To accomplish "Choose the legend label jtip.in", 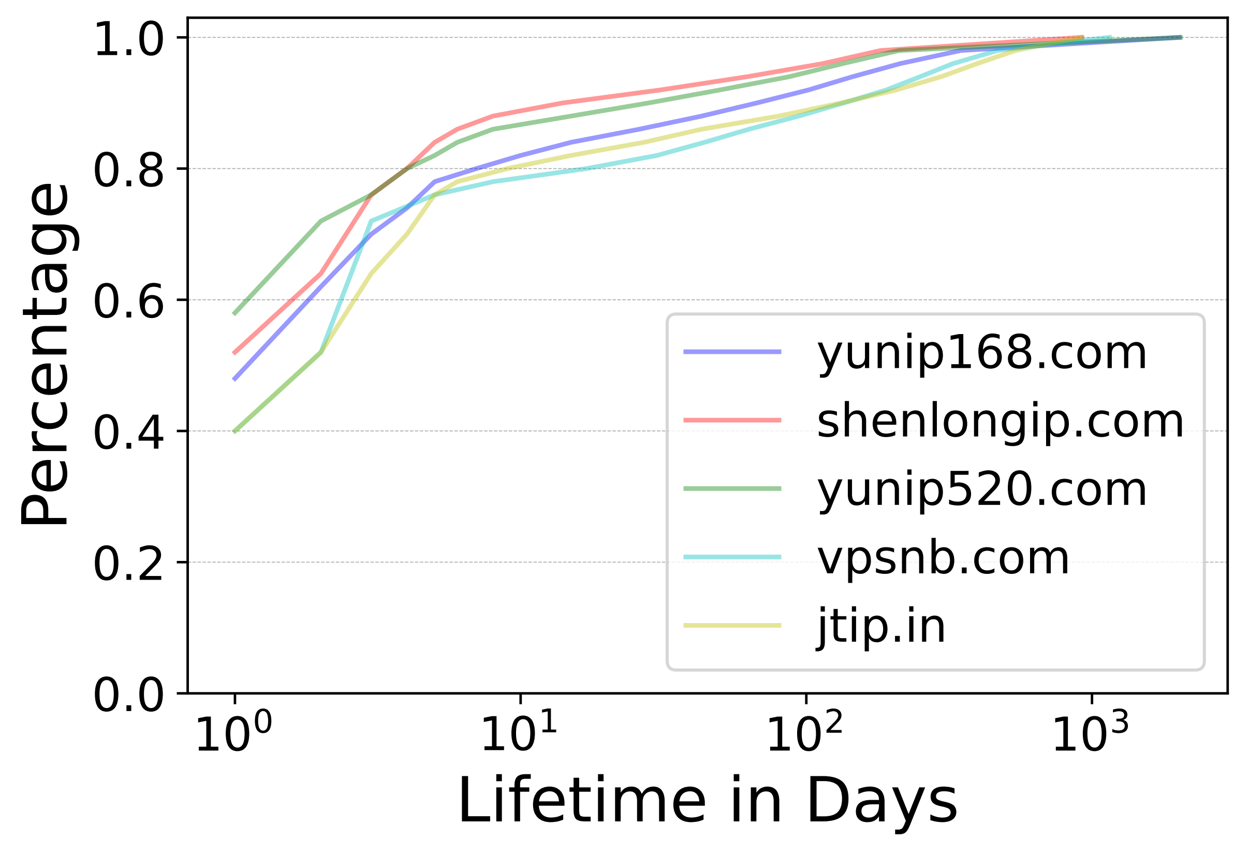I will tap(881, 627).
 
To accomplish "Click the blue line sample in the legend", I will tap(732, 352).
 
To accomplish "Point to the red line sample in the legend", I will tap(732, 420).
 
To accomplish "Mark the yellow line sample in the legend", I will tap(732, 626).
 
